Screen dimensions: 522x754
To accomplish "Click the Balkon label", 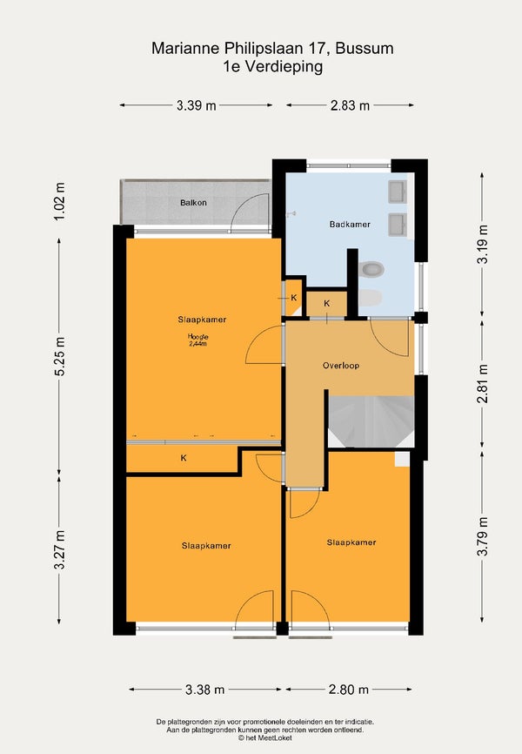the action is pos(193,203).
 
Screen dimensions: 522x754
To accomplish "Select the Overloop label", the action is pos(341,366).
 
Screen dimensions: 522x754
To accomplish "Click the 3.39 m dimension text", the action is pos(196,105).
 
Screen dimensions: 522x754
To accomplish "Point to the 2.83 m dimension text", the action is pos(350,105).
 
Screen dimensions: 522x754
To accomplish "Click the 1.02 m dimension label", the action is pos(58,201).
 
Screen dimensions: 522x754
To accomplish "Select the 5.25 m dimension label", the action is pos(59,356).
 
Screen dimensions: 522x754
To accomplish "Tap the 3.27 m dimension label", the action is pos(59,550).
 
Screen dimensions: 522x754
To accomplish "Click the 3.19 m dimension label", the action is pos(483,245).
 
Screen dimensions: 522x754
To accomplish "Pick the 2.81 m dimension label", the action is pos(483,383).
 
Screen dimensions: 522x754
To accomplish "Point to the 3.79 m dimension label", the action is pos(483,536).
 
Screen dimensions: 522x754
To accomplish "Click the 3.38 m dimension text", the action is pos(204,690).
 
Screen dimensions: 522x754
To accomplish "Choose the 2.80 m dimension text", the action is pos(349,690).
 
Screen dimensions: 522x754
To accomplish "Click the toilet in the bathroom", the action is pos(371,269).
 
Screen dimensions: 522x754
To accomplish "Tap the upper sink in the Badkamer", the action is pos(398,192).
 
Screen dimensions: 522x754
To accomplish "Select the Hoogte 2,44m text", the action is pos(198,340).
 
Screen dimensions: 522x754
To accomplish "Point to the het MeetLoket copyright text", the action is pos(264,737).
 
